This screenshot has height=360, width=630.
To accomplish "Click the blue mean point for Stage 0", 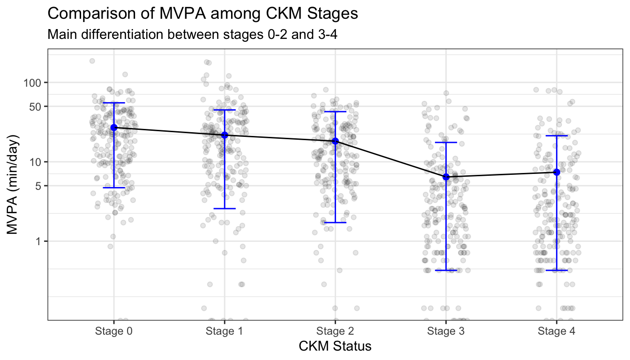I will (113, 127).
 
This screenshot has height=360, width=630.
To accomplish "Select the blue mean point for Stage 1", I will (225, 135).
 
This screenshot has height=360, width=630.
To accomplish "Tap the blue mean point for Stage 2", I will (335, 141).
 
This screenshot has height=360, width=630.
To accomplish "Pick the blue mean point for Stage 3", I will (446, 177).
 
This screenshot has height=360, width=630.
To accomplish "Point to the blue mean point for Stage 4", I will (556, 172).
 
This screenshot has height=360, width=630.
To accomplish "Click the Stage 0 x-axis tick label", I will (113, 331).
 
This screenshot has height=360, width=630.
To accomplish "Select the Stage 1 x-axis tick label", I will (225, 331).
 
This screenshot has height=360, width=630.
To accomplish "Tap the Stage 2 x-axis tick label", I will (335, 331).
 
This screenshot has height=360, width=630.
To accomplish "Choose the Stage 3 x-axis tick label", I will (446, 331).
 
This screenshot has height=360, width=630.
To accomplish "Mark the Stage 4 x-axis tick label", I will (556, 331).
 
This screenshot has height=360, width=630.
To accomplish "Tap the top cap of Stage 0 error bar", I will (113, 103).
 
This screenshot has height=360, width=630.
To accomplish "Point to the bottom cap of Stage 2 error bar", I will (335, 222).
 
